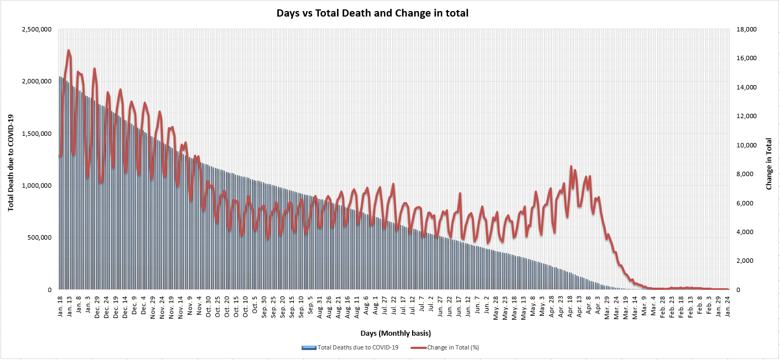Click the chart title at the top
pyautogui.click(x=372, y=13)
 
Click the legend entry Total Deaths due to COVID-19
pyautogui.click(x=350, y=347)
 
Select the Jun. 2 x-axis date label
pyautogui.click(x=486, y=306)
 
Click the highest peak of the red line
pyautogui.click(x=68, y=50)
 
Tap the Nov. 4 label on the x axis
pyautogui.click(x=199, y=306)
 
